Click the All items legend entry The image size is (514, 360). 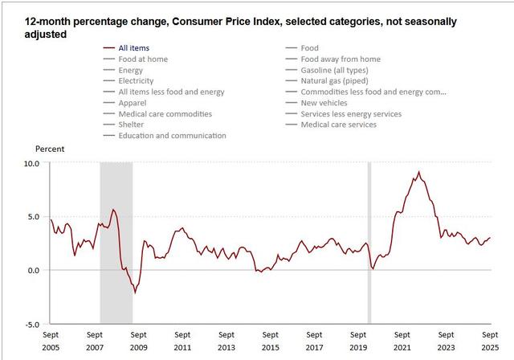(x=133, y=48)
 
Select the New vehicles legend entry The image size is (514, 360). (x=322, y=103)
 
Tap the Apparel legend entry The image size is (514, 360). (x=132, y=103)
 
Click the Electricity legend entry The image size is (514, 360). (x=137, y=81)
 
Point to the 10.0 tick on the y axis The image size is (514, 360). (x=31, y=162)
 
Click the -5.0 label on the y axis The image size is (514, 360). (x=31, y=325)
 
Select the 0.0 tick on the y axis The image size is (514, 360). (x=33, y=271)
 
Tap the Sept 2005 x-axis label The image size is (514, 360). (x=50, y=341)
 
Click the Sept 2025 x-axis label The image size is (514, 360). (x=490, y=341)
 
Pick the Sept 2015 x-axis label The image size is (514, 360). (x=270, y=341)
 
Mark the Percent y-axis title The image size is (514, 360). (x=49, y=149)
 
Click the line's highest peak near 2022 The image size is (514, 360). (x=418, y=171)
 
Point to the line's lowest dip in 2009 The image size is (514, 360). (x=135, y=293)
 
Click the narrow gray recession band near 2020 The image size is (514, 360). (x=369, y=241)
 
